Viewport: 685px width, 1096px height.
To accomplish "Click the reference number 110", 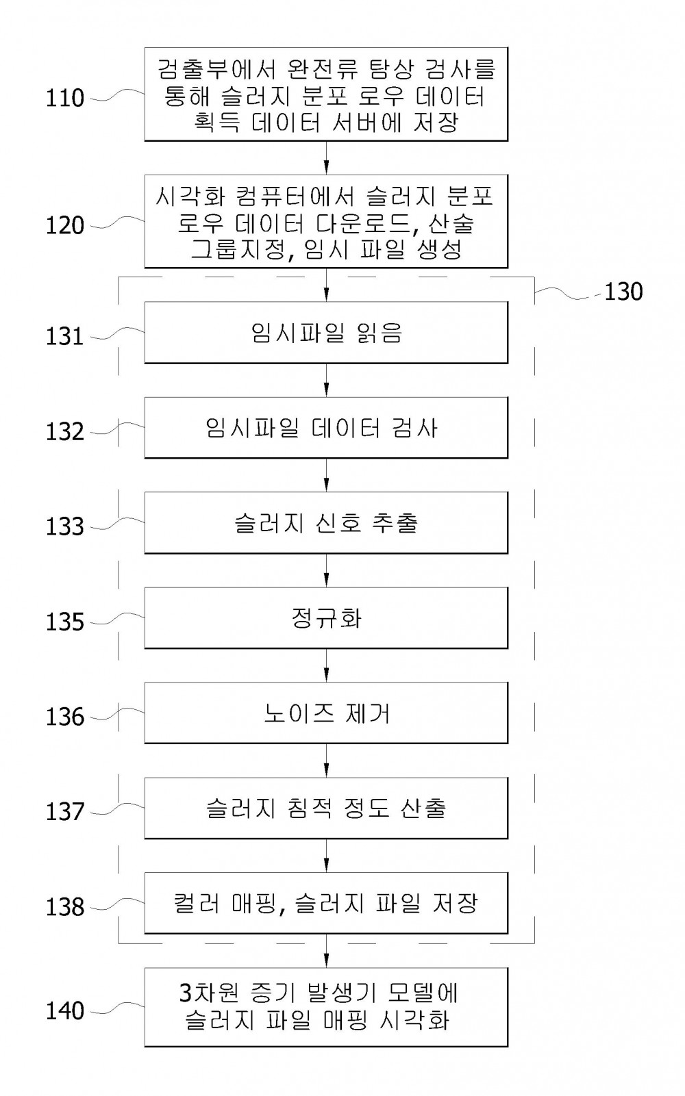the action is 65,99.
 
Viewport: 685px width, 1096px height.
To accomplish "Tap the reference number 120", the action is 65,225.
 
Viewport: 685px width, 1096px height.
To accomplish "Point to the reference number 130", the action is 623,292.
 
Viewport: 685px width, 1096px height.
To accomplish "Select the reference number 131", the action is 65,337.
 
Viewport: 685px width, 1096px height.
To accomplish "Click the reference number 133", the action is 65,527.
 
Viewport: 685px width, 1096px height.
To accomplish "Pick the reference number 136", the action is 65,717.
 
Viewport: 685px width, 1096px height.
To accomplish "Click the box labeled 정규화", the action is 326,618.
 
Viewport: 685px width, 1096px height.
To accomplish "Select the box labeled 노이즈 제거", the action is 326,713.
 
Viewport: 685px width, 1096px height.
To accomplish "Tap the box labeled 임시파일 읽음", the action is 326,332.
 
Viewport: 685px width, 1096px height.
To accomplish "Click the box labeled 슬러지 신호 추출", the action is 326,522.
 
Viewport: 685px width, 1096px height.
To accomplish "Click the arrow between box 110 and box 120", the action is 326,158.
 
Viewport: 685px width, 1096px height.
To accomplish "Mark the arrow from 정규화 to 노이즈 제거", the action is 326,665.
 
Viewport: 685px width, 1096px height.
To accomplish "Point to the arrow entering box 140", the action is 326,950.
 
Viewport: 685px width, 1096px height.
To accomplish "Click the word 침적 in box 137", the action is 306,808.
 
